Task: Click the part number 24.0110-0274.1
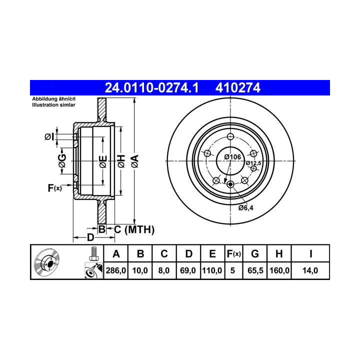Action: (151, 87)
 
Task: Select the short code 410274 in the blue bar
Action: (238, 87)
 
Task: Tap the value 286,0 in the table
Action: (116, 270)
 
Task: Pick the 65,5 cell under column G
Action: (255, 270)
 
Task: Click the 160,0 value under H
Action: (279, 270)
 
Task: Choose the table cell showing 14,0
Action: (310, 270)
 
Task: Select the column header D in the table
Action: (188, 254)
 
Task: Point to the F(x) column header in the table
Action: (233, 254)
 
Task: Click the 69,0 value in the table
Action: (188, 270)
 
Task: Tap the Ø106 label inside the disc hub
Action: (232, 157)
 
